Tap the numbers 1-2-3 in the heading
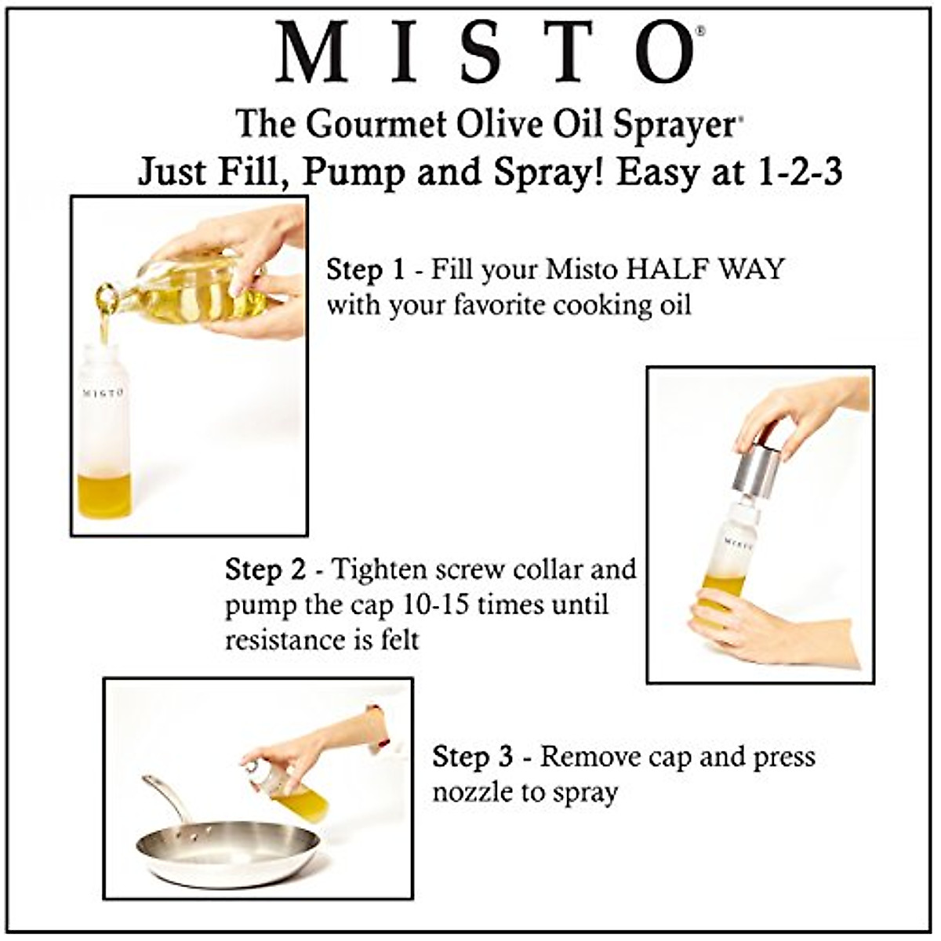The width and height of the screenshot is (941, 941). click(799, 173)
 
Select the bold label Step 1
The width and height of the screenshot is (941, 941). click(365, 270)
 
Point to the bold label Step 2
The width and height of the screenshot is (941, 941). click(265, 569)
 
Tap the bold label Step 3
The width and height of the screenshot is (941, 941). click(472, 758)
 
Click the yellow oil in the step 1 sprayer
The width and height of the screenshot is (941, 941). click(104, 496)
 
